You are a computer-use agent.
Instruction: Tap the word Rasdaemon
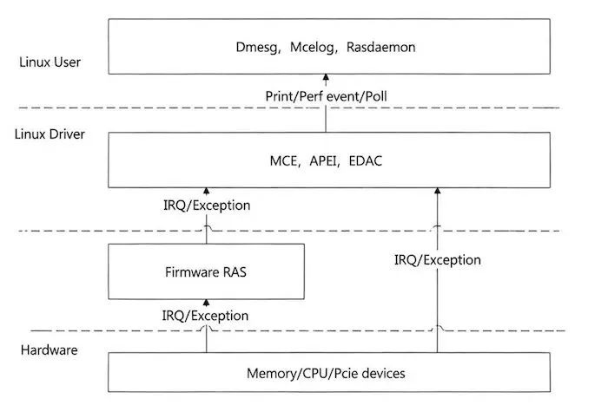380,48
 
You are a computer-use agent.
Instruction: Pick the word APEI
321,160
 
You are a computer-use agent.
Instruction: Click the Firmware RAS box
206,271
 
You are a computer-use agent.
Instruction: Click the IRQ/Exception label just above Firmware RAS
207,206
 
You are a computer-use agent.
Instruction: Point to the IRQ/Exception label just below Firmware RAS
207,316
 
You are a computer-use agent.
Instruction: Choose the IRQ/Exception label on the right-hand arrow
437,259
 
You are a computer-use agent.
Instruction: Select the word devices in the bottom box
383,374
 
